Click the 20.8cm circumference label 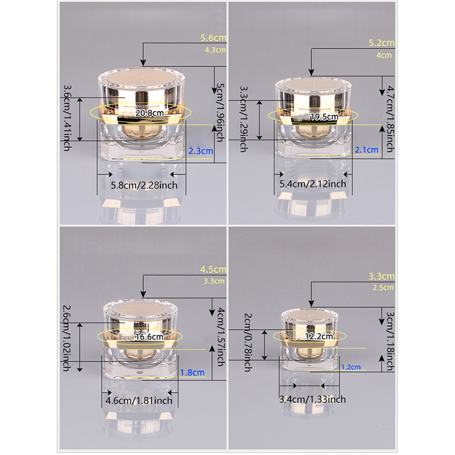[x=150, y=113]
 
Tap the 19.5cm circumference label [x=324, y=117]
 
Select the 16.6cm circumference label [x=150, y=337]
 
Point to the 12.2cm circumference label [x=319, y=336]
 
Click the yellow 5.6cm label [x=213, y=38]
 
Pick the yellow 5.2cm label [x=382, y=43]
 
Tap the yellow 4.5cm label [x=213, y=269]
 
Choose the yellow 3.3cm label [x=382, y=276]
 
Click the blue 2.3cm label [x=201, y=151]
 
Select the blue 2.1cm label [x=367, y=150]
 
